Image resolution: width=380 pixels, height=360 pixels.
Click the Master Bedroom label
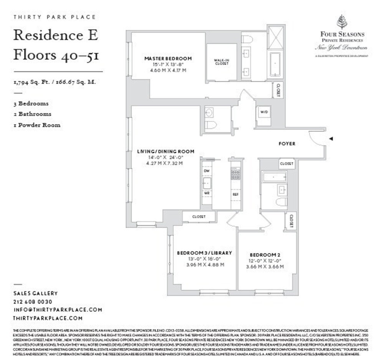(x=168, y=59)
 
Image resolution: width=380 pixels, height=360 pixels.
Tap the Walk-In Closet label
(x=221, y=61)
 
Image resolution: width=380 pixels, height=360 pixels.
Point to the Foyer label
(x=287, y=144)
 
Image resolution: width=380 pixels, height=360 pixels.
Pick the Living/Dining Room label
(x=165, y=152)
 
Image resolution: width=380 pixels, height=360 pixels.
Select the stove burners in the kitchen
(x=235, y=175)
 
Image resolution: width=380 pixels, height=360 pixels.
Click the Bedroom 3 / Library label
(x=204, y=253)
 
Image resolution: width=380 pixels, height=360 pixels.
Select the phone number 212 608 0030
(x=33, y=302)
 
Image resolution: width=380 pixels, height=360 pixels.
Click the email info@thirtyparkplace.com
(x=58, y=310)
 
